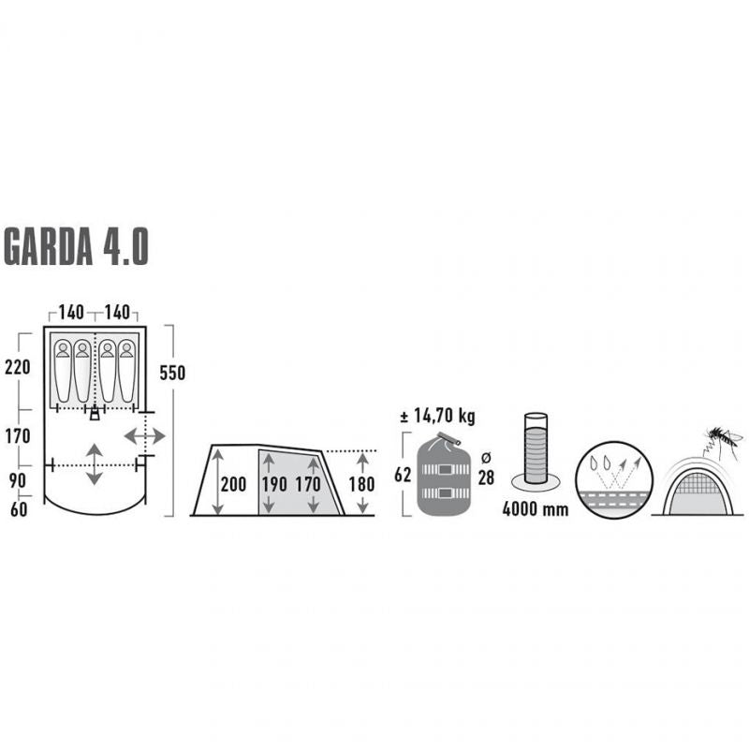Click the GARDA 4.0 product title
point(77,245)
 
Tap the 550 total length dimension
point(172,373)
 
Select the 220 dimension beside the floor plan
point(17,367)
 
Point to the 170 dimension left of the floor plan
point(17,435)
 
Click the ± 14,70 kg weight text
point(437,415)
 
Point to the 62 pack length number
point(404,475)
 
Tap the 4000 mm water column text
point(536,511)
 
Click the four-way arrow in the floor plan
point(95,464)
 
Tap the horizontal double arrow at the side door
point(145,436)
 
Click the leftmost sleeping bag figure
point(63,371)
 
